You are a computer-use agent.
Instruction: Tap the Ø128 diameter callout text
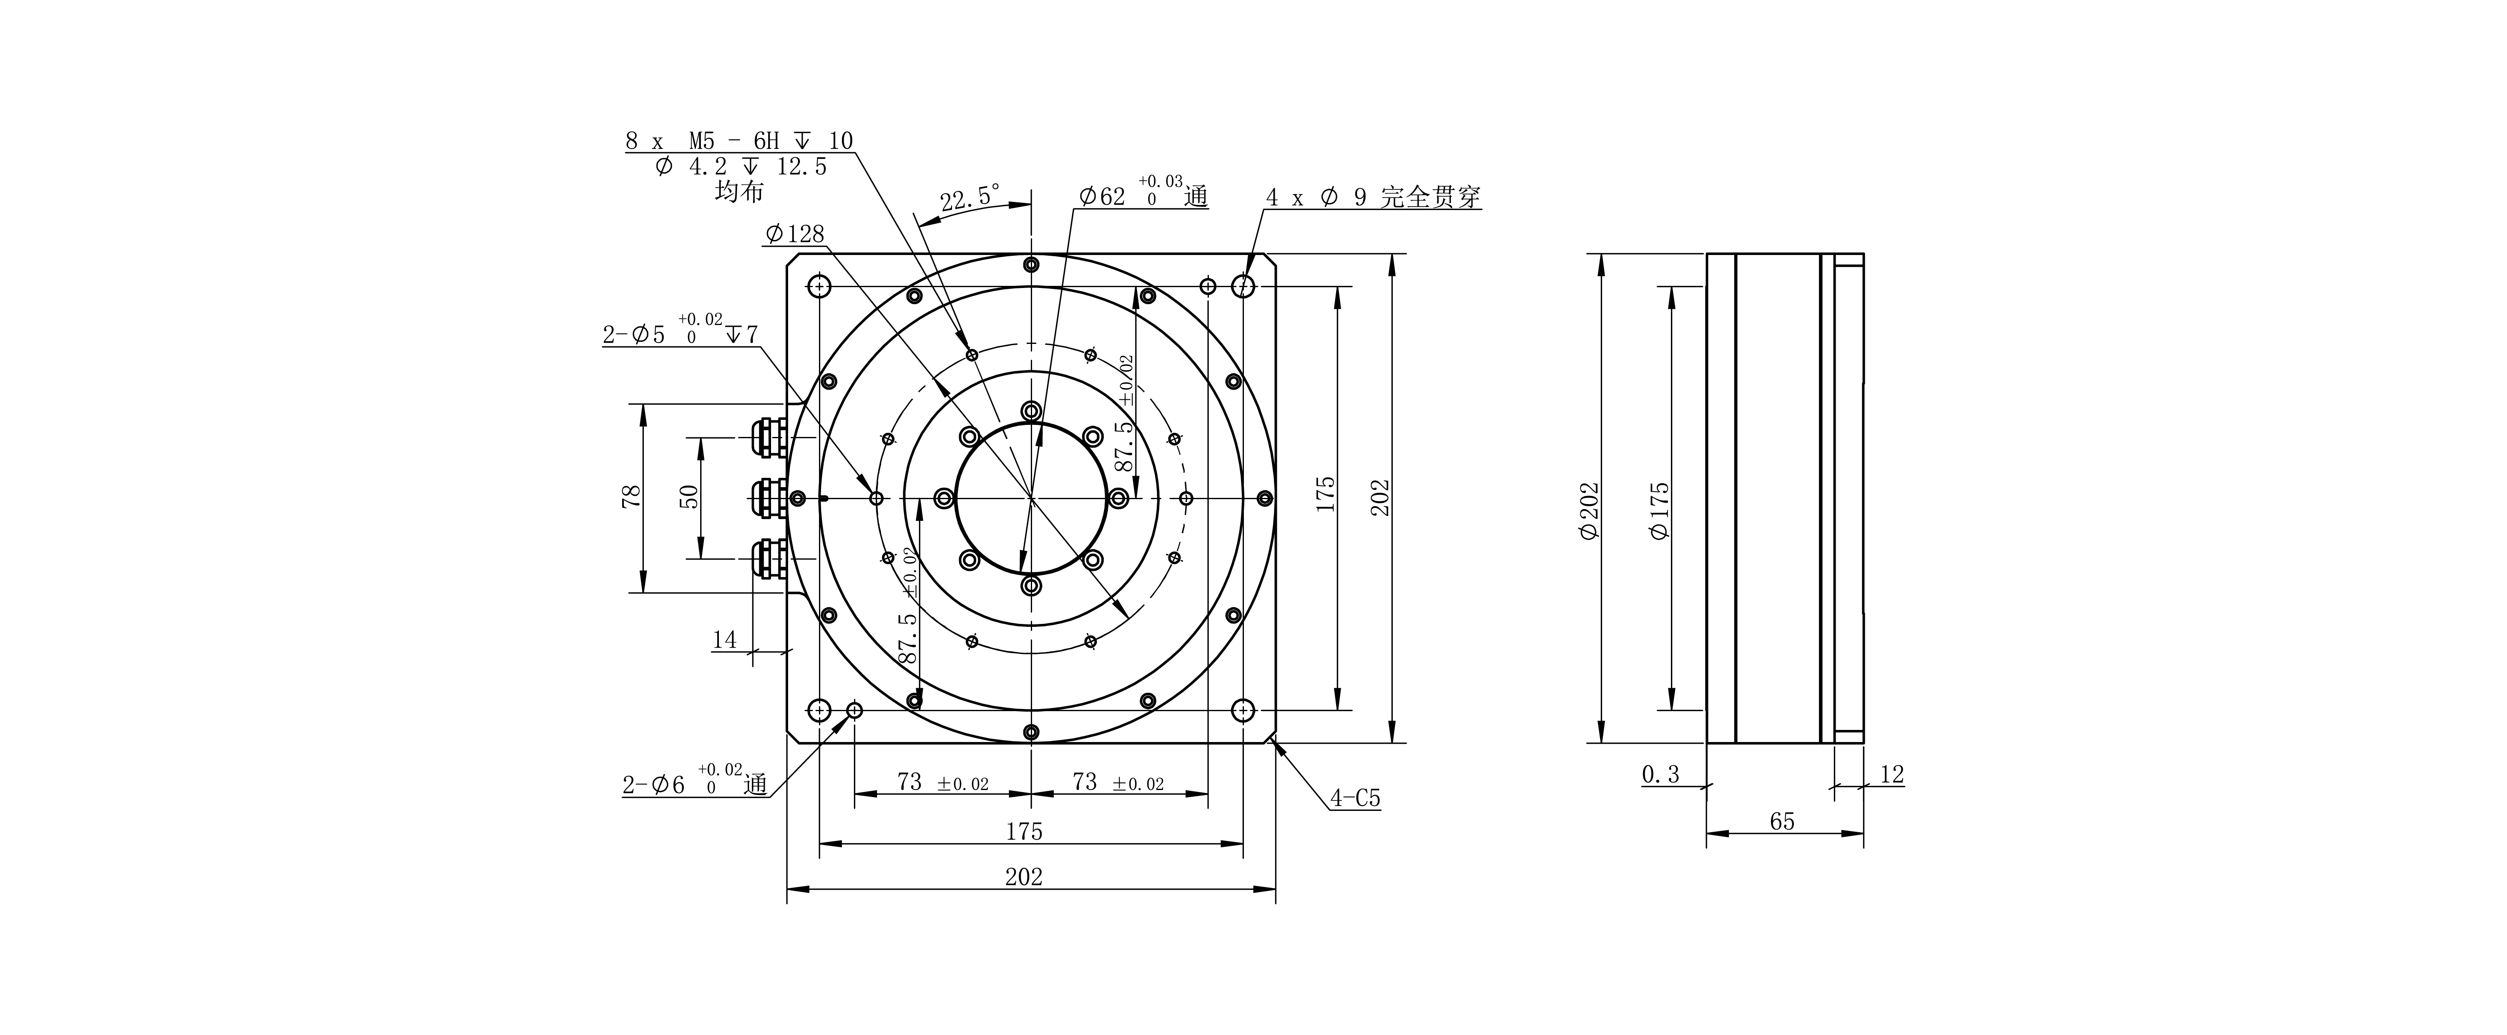795,234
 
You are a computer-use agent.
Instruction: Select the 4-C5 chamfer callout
1355,798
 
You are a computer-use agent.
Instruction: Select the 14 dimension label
724,640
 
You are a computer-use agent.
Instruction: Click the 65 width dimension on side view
1782,821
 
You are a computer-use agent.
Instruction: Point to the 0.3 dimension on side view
1660,774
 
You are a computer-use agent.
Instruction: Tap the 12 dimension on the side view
1891,774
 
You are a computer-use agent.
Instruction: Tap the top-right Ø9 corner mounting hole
1243,286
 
